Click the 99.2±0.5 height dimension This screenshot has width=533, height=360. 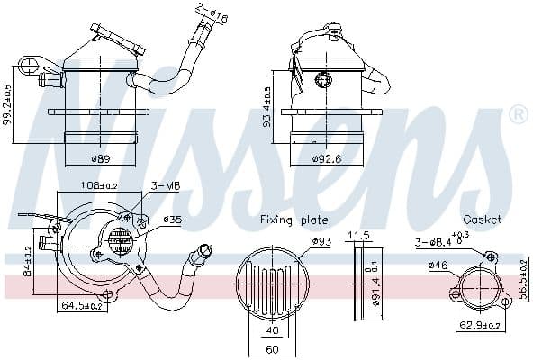[8, 105]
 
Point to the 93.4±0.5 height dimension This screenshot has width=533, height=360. [267, 107]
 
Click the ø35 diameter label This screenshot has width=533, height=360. [173, 219]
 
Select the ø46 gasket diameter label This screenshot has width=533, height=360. [438, 265]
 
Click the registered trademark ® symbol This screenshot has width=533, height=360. [518, 115]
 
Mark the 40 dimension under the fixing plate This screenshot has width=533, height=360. [271, 329]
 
